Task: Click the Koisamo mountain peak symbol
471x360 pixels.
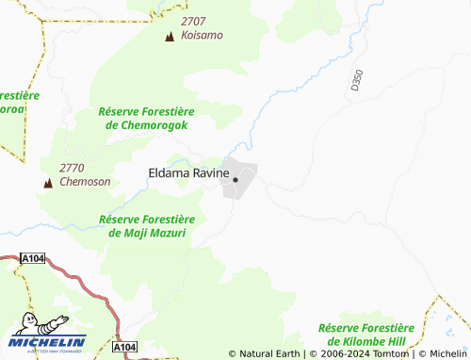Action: pos(170,37)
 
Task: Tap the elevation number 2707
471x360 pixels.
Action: pos(195,20)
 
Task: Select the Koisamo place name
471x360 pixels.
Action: pos(202,35)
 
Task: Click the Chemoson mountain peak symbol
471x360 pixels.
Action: pos(46,182)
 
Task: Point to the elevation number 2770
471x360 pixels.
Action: pos(73,168)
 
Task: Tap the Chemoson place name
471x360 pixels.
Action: pos(85,182)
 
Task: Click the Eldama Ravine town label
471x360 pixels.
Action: pos(188,173)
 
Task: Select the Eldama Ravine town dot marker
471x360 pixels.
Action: pos(235,179)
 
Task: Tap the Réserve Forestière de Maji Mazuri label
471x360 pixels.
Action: pos(142,225)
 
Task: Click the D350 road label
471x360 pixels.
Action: pos(355,80)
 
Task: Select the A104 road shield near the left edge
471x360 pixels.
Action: pos(34,256)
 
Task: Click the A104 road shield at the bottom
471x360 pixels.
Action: pos(124,348)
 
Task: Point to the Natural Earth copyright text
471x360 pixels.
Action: pos(265,353)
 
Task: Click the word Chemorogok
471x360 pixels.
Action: pos(154,124)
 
